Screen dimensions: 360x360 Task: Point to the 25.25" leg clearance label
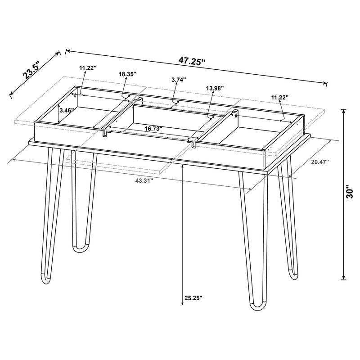(193, 297)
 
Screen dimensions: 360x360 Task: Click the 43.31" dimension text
(144, 180)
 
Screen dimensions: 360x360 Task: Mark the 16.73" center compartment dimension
(153, 128)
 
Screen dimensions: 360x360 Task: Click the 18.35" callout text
(128, 73)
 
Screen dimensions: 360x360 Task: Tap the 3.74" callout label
(179, 79)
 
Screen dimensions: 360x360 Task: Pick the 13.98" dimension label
(214, 88)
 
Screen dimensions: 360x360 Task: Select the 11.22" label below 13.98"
(279, 96)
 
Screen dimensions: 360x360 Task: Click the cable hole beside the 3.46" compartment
(75, 95)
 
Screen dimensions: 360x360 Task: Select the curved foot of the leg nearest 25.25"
(257, 307)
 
